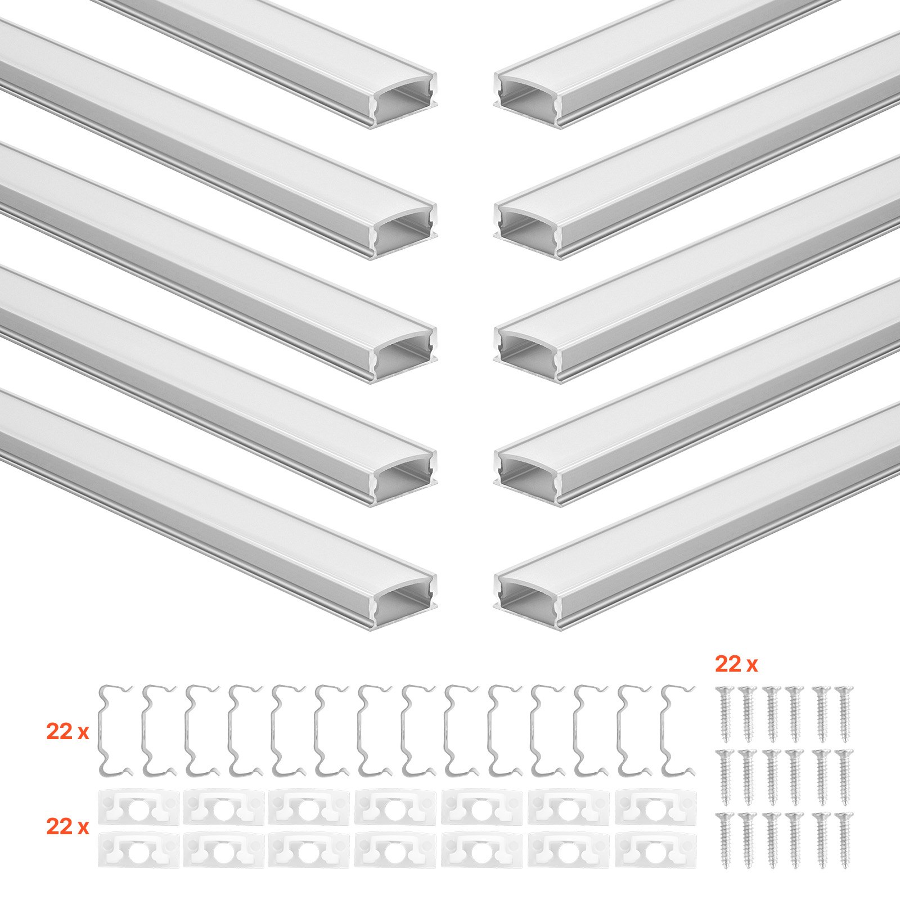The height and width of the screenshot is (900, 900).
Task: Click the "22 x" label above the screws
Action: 736,664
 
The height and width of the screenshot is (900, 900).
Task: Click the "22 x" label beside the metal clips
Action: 67,732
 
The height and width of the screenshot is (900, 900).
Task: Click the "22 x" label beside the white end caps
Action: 67,826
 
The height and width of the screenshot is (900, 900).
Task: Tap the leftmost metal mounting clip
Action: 115,730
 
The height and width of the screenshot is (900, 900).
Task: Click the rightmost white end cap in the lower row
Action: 656,849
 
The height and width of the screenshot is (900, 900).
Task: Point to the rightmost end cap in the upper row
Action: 656,807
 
